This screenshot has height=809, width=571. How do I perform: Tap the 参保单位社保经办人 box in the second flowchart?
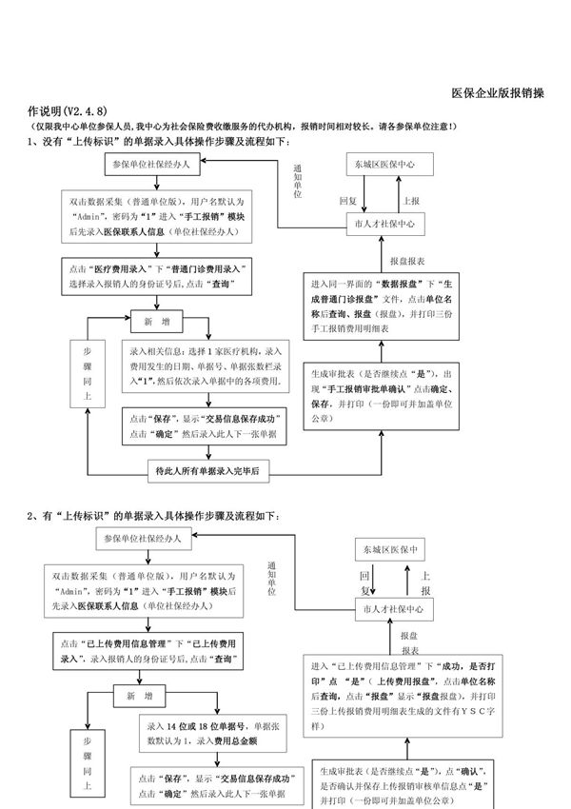[150, 539]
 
